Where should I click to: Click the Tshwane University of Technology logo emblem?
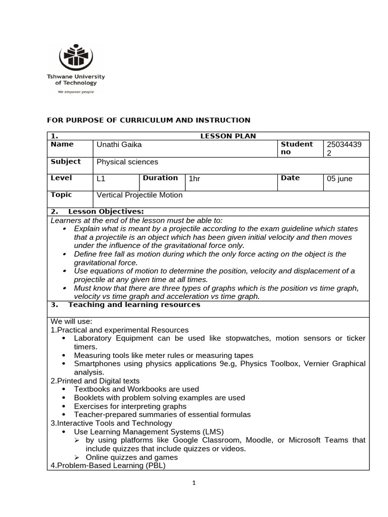point(76,57)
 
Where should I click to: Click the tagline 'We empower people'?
point(76,92)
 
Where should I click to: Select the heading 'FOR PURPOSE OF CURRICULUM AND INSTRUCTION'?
point(149,120)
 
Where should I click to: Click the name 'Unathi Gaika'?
point(119,145)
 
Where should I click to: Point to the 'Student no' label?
point(297,148)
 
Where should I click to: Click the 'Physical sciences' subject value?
point(127,162)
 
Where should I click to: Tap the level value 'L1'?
point(101,179)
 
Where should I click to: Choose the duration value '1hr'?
point(195,179)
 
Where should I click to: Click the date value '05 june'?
point(340,179)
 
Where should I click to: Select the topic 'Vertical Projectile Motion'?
point(139,195)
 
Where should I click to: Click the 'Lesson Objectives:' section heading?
point(106,212)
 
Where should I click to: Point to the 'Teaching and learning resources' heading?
point(134,305)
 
